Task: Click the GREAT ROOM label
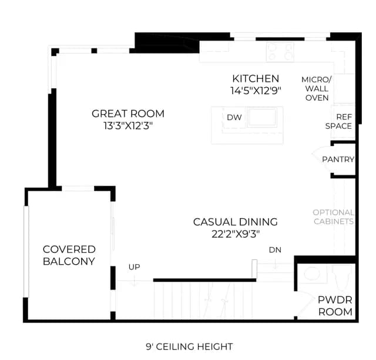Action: click(128, 114)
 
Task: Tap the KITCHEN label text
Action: click(256, 79)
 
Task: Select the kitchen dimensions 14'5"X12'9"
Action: click(256, 91)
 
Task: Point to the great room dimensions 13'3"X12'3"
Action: click(128, 126)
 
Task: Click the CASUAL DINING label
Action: click(235, 222)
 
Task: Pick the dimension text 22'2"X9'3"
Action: click(236, 234)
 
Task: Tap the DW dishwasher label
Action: click(234, 118)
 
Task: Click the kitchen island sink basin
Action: click(262, 117)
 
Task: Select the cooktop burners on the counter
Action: click(280, 52)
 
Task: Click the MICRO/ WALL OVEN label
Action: click(317, 89)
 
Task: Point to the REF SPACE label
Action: click(338, 122)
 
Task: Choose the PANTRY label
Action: click(338, 159)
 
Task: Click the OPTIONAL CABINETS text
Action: click(333, 217)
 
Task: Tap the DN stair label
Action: click(275, 250)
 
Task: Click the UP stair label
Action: click(135, 267)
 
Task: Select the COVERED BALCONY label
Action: click(69, 255)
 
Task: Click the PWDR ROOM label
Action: click(335, 306)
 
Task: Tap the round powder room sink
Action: click(312, 274)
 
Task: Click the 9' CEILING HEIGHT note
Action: click(189, 347)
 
